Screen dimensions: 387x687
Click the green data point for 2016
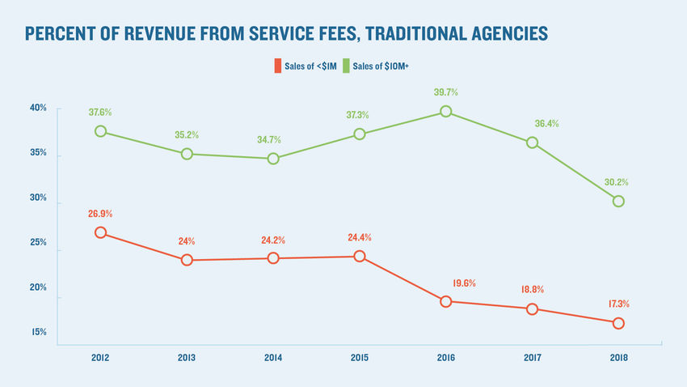pyautogui.click(x=445, y=112)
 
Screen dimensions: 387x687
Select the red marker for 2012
pyautogui.click(x=101, y=232)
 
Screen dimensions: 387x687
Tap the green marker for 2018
pyautogui.click(x=618, y=201)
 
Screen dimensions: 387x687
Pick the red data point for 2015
pyautogui.click(x=360, y=257)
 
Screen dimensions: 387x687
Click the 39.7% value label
pyautogui.click(x=446, y=93)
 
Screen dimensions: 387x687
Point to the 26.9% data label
pyautogui.click(x=101, y=215)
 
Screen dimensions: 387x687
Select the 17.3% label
pyautogui.click(x=617, y=304)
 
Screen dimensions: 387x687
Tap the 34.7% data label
pyautogui.click(x=273, y=141)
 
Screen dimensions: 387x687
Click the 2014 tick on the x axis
pyautogui.click(x=273, y=357)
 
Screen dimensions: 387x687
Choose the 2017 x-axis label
pyautogui.click(x=532, y=357)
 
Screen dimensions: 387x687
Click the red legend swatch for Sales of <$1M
pyautogui.click(x=277, y=65)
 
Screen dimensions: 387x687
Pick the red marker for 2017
pyautogui.click(x=532, y=309)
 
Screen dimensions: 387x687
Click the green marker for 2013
pyautogui.click(x=187, y=154)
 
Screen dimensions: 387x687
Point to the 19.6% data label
pyautogui.click(x=464, y=283)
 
